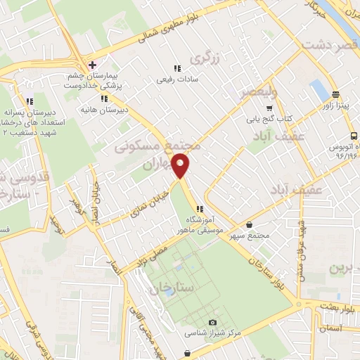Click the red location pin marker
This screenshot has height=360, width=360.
tap(181, 166)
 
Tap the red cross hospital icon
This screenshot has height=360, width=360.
tap(93, 65)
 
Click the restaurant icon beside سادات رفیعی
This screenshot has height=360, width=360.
tap(177, 69)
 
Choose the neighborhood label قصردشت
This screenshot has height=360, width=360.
tap(326, 46)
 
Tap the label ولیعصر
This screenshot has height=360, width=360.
tap(259, 92)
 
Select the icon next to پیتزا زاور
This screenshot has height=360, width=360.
tap(335, 95)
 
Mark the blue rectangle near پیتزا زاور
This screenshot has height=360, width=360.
tap(319, 91)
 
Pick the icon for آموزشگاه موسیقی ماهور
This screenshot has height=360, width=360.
tap(200, 209)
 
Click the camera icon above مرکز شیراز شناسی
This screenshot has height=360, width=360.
tap(193, 322)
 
